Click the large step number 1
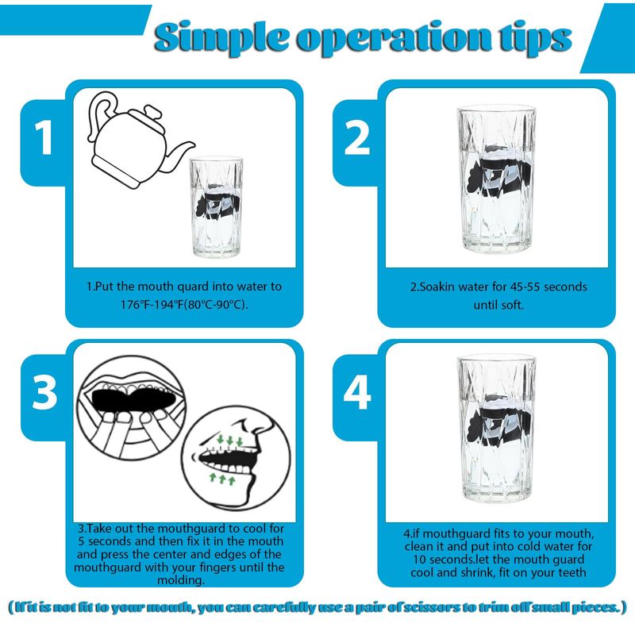[x=44, y=137]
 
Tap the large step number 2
[x=356, y=137]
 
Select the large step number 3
[x=44, y=392]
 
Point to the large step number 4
[x=357, y=392]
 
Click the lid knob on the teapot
[x=154, y=111]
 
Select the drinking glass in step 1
[x=216, y=206]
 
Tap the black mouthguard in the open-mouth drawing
[x=134, y=398]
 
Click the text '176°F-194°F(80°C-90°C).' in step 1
[x=184, y=304]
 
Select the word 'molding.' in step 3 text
[x=181, y=580]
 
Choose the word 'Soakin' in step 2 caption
[x=437, y=287]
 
